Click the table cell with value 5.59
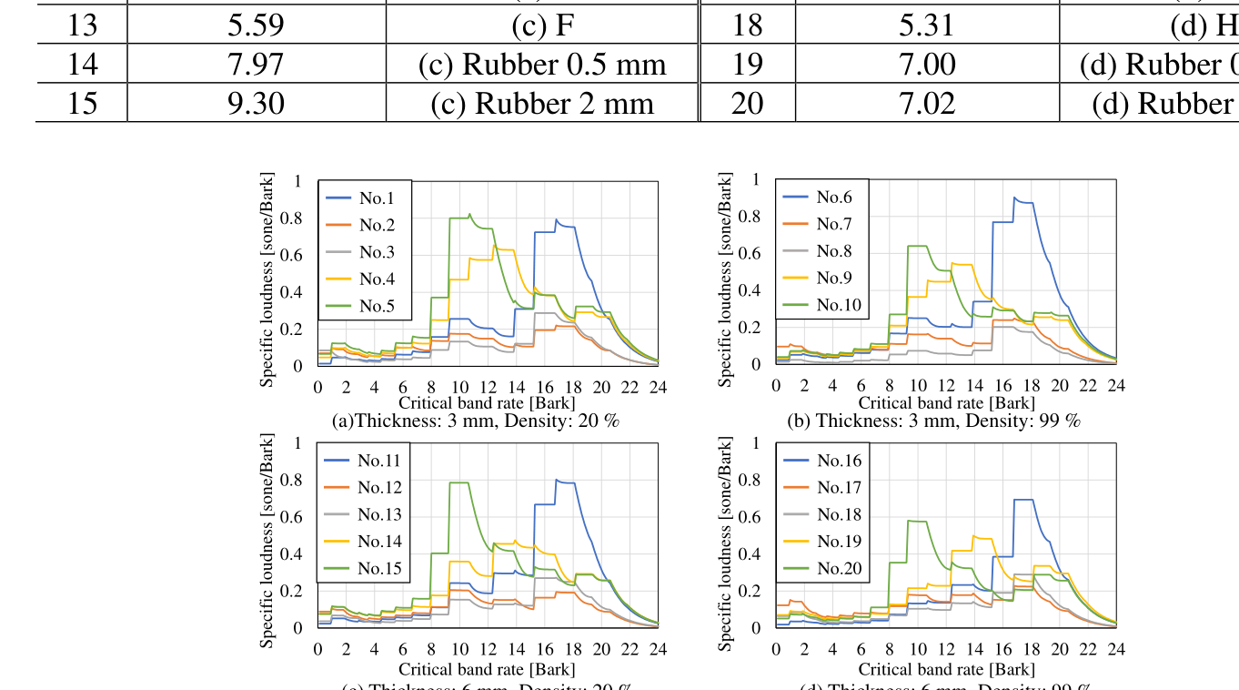click(256, 25)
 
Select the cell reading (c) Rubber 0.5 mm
click(542, 65)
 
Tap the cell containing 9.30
click(256, 103)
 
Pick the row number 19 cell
click(747, 65)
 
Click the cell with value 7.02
click(927, 103)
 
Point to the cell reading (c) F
click(542, 25)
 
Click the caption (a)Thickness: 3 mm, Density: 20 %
click(477, 421)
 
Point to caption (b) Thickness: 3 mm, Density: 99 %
click(933, 421)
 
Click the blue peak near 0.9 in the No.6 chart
click(1015, 198)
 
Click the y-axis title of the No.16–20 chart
click(725, 543)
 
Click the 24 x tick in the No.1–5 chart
click(658, 387)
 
